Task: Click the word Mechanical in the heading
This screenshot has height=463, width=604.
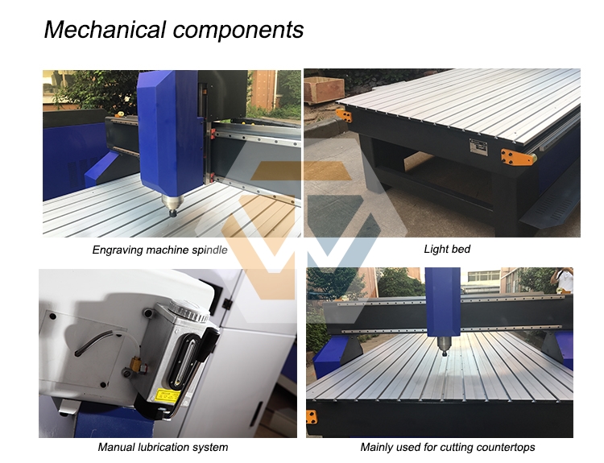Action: pos(105,29)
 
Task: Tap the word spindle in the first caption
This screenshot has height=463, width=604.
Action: pos(209,250)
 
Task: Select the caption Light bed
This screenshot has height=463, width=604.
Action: pos(447,250)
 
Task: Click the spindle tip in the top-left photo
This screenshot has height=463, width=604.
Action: pos(172,213)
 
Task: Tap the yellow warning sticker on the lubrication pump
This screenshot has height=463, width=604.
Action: pos(168,397)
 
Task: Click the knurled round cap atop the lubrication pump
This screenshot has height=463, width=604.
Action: pos(189,310)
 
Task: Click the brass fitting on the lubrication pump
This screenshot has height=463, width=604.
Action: pos(135,364)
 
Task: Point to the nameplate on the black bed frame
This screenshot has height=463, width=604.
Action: pos(478,147)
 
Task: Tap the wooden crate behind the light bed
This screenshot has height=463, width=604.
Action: pos(324,89)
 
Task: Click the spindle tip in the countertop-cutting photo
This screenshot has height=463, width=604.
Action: pos(445,352)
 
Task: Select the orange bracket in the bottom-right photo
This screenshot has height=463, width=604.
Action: pos(312,417)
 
